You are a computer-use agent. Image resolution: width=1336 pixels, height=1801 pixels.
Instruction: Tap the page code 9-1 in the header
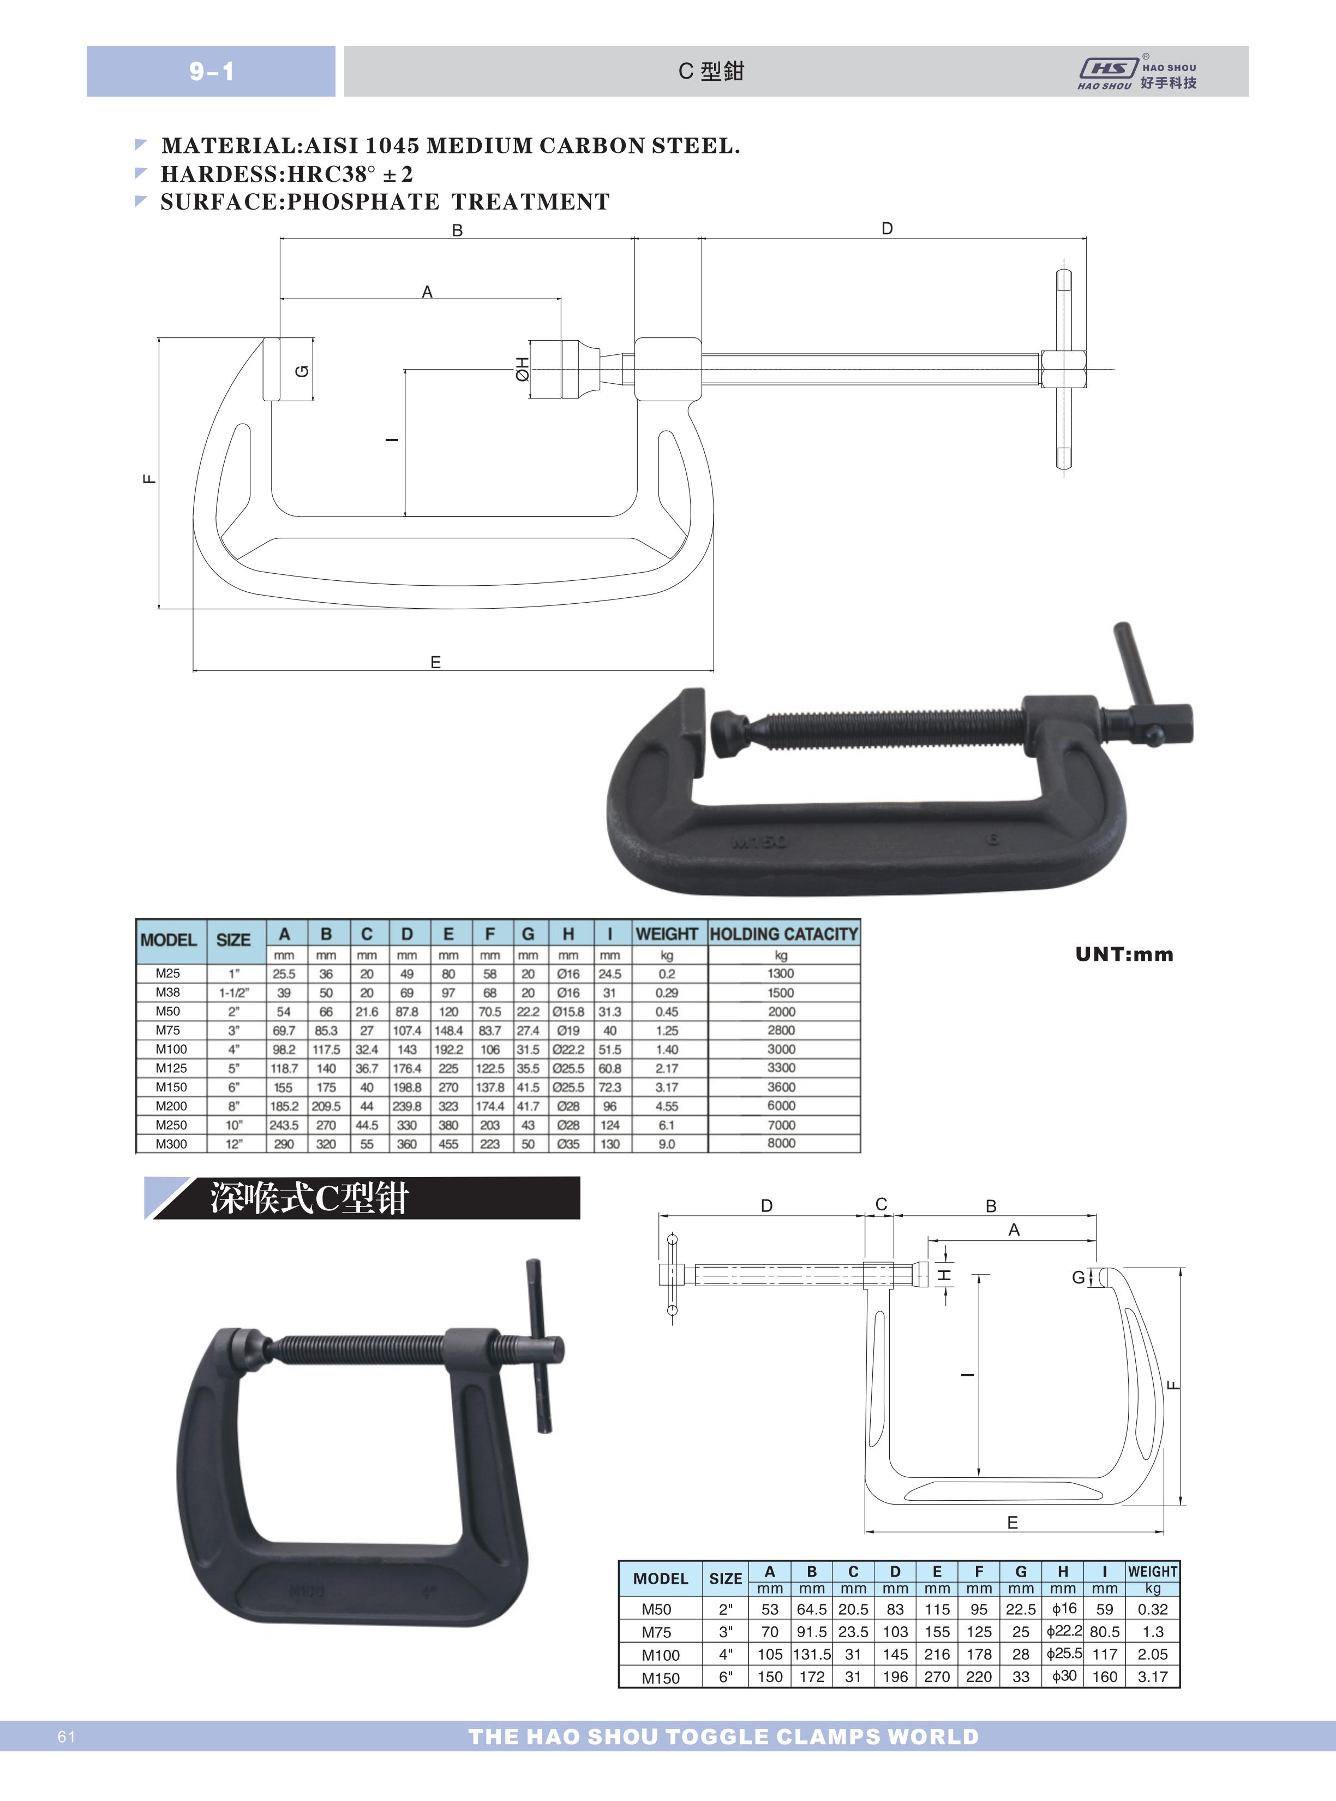[212, 71]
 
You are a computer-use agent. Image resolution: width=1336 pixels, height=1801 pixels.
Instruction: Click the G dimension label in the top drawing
[302, 371]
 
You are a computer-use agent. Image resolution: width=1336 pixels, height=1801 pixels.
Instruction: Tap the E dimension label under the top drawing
[435, 662]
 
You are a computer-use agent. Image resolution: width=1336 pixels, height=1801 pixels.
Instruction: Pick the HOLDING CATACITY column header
[783, 934]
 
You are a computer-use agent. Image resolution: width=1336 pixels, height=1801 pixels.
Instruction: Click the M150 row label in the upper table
[171, 1086]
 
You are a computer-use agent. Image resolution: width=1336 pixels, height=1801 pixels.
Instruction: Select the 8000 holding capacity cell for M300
[781, 1143]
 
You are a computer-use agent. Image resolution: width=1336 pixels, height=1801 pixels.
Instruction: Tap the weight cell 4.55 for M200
[667, 1106]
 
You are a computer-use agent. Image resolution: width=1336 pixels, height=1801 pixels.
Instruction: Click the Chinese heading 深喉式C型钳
[310, 1198]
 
